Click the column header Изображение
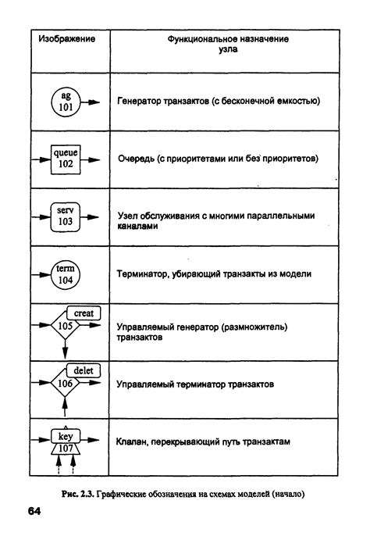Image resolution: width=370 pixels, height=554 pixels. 67,39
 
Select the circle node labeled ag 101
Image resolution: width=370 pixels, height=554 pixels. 65,102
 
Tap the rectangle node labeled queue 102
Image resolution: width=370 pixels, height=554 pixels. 66,159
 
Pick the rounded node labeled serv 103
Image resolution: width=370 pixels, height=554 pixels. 66,216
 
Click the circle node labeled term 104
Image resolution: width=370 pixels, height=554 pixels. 66,273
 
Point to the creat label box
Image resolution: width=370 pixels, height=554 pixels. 83,313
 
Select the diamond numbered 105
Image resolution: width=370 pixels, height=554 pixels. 66,325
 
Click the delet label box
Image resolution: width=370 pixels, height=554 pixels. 83,371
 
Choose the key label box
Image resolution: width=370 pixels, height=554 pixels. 66,434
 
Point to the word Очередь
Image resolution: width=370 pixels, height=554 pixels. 134,159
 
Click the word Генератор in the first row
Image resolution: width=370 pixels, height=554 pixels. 141,102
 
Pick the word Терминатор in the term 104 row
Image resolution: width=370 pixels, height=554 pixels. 144,274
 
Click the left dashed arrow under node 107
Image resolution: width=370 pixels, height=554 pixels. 58,465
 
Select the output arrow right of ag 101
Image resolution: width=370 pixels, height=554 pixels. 91,102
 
